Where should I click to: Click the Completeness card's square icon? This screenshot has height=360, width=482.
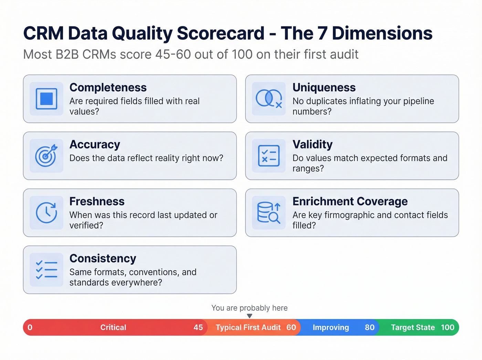coord(46,99)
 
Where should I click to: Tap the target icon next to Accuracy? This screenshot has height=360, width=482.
coord(46,156)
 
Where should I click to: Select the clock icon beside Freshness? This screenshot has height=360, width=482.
coord(46,213)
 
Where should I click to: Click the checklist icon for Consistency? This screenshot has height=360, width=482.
coord(46,270)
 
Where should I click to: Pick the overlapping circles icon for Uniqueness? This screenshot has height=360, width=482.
coord(269,99)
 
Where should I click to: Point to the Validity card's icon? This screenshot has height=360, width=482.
coord(269,156)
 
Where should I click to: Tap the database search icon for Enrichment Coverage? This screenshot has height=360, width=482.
coord(269,213)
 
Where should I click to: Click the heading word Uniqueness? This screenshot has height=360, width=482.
coord(324,88)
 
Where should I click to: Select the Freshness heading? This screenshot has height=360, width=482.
coord(97,202)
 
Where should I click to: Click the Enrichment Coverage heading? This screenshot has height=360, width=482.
coord(350,202)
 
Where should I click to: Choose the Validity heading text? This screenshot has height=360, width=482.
coord(312,144)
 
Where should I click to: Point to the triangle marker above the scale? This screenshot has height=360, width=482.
coord(250,316)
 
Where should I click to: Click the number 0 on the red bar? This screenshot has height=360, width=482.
coord(30,328)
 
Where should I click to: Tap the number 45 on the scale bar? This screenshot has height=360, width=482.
coord(198,328)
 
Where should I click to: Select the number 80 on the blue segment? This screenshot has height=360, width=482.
coord(369,328)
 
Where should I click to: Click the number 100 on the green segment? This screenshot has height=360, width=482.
coord(448,328)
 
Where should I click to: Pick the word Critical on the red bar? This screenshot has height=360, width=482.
coord(113,328)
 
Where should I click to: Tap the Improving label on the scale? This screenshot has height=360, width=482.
coord(331,328)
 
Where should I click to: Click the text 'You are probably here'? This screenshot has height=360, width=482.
coord(249,308)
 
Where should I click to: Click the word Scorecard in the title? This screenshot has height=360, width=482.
coord(220,33)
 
